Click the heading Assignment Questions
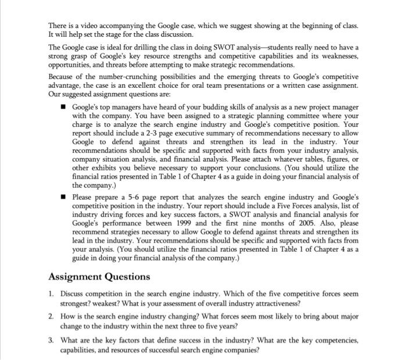pyautogui.click(x=99, y=277)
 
